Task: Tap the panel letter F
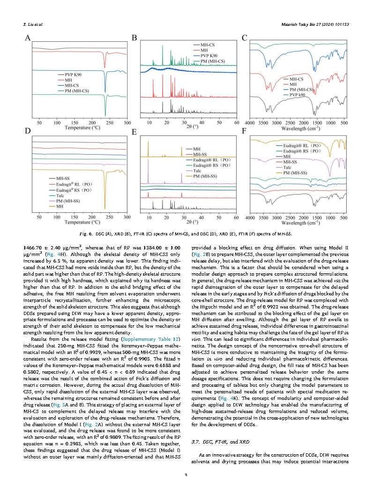tap(244, 132)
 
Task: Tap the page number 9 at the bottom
tap(186, 475)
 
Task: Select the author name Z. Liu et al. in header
tap(34, 24)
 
